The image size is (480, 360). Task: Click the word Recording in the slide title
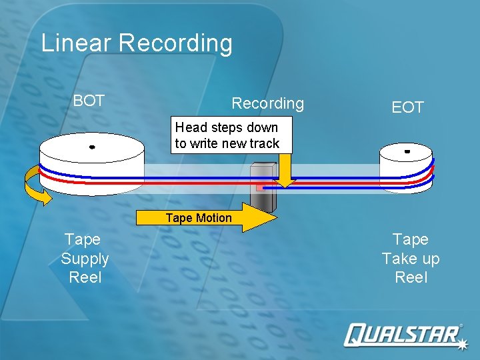point(176,43)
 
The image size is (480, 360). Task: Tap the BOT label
point(89,101)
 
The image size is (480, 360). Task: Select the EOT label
point(407,107)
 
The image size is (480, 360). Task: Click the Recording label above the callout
point(267,103)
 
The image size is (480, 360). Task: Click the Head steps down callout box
point(227,135)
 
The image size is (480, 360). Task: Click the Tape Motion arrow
point(207,218)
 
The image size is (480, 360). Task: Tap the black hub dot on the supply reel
point(92,147)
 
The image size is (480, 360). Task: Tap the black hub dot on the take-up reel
point(407,151)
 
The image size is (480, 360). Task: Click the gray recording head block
point(262,183)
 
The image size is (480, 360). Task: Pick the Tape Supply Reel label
point(85,258)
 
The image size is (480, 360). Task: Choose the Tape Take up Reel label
point(411,258)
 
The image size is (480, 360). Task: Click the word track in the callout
point(265,143)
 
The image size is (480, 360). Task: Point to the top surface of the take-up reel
point(407,152)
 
